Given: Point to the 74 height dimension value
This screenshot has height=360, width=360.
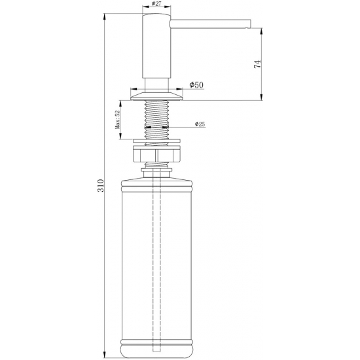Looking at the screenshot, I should (258, 63).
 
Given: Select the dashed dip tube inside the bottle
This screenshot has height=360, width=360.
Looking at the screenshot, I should (156, 262).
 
